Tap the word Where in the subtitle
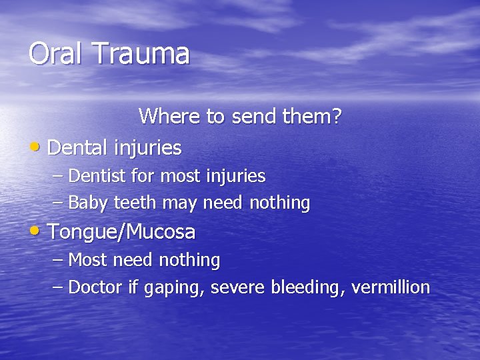169,117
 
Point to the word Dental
78,147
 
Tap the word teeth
135,202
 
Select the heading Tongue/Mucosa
121,232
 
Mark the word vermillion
390,287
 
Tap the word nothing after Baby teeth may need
279,203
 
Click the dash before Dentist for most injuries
58,177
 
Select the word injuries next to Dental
147,147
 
